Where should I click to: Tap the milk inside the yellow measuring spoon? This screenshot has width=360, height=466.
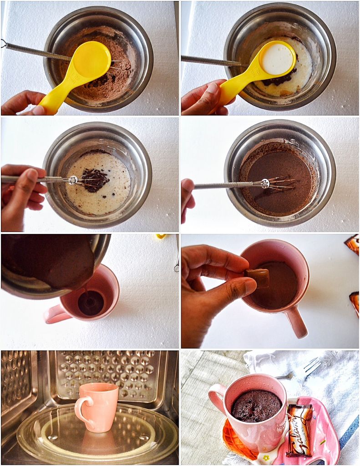276,59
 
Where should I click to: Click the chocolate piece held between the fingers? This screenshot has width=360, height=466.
259,278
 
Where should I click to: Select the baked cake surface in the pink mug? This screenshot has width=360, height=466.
256,405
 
